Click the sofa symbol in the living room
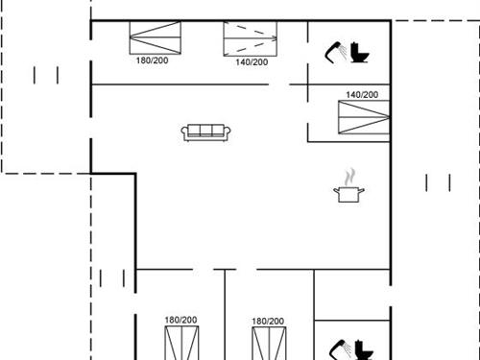204,132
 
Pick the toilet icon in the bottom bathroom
362,348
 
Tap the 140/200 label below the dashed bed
251,62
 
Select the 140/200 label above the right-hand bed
362,95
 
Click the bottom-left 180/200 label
180,321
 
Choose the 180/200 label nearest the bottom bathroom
268,322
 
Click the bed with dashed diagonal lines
251,39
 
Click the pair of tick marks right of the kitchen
437,181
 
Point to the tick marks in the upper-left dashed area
46,75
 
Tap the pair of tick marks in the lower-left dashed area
112,278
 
